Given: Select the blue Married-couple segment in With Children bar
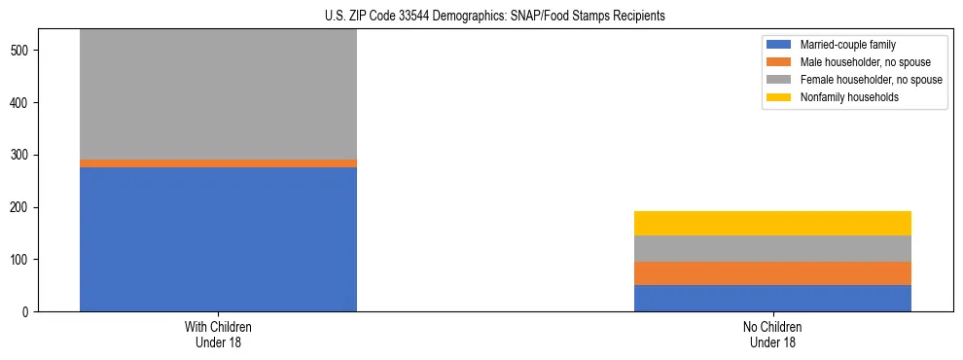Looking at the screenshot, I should (x=218, y=239).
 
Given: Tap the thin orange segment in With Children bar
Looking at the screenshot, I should (x=218, y=163).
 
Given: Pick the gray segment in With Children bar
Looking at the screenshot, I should (x=218, y=94).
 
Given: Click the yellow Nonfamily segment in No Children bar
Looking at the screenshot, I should (x=772, y=223).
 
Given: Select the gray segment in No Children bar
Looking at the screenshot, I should (x=772, y=249).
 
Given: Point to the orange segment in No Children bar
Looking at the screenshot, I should (x=772, y=273).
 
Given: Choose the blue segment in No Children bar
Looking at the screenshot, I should (x=772, y=298).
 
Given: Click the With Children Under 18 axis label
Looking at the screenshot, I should (x=218, y=335).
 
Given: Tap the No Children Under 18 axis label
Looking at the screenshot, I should (x=772, y=335).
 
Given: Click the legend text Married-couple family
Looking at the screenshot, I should (x=847, y=45).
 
